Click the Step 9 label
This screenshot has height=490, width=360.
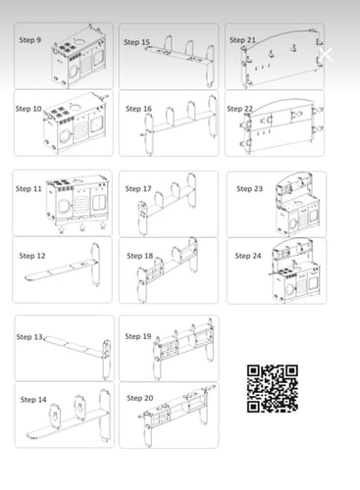coord(29,40)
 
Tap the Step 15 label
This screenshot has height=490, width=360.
coord(136,42)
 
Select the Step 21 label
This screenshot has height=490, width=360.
coord(242,40)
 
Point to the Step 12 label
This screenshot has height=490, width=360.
coord(32,256)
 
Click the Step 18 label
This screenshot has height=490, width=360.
coord(140,256)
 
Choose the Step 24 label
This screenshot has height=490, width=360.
coord(248,256)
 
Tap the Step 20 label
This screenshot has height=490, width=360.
coord(140,398)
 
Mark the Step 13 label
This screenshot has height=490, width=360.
coord(29,337)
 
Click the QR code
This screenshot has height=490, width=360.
coord(273,388)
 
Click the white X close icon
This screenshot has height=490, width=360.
coord(326,54)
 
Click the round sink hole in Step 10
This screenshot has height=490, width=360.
coord(76,107)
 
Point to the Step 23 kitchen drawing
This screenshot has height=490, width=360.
coord(296,204)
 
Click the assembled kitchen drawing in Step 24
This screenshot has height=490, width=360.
coord(294,270)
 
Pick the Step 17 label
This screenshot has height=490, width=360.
coord(138,189)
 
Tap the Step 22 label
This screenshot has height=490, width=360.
coord(240,109)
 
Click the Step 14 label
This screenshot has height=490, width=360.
coord(33,400)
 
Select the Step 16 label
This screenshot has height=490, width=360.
coord(138,109)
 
